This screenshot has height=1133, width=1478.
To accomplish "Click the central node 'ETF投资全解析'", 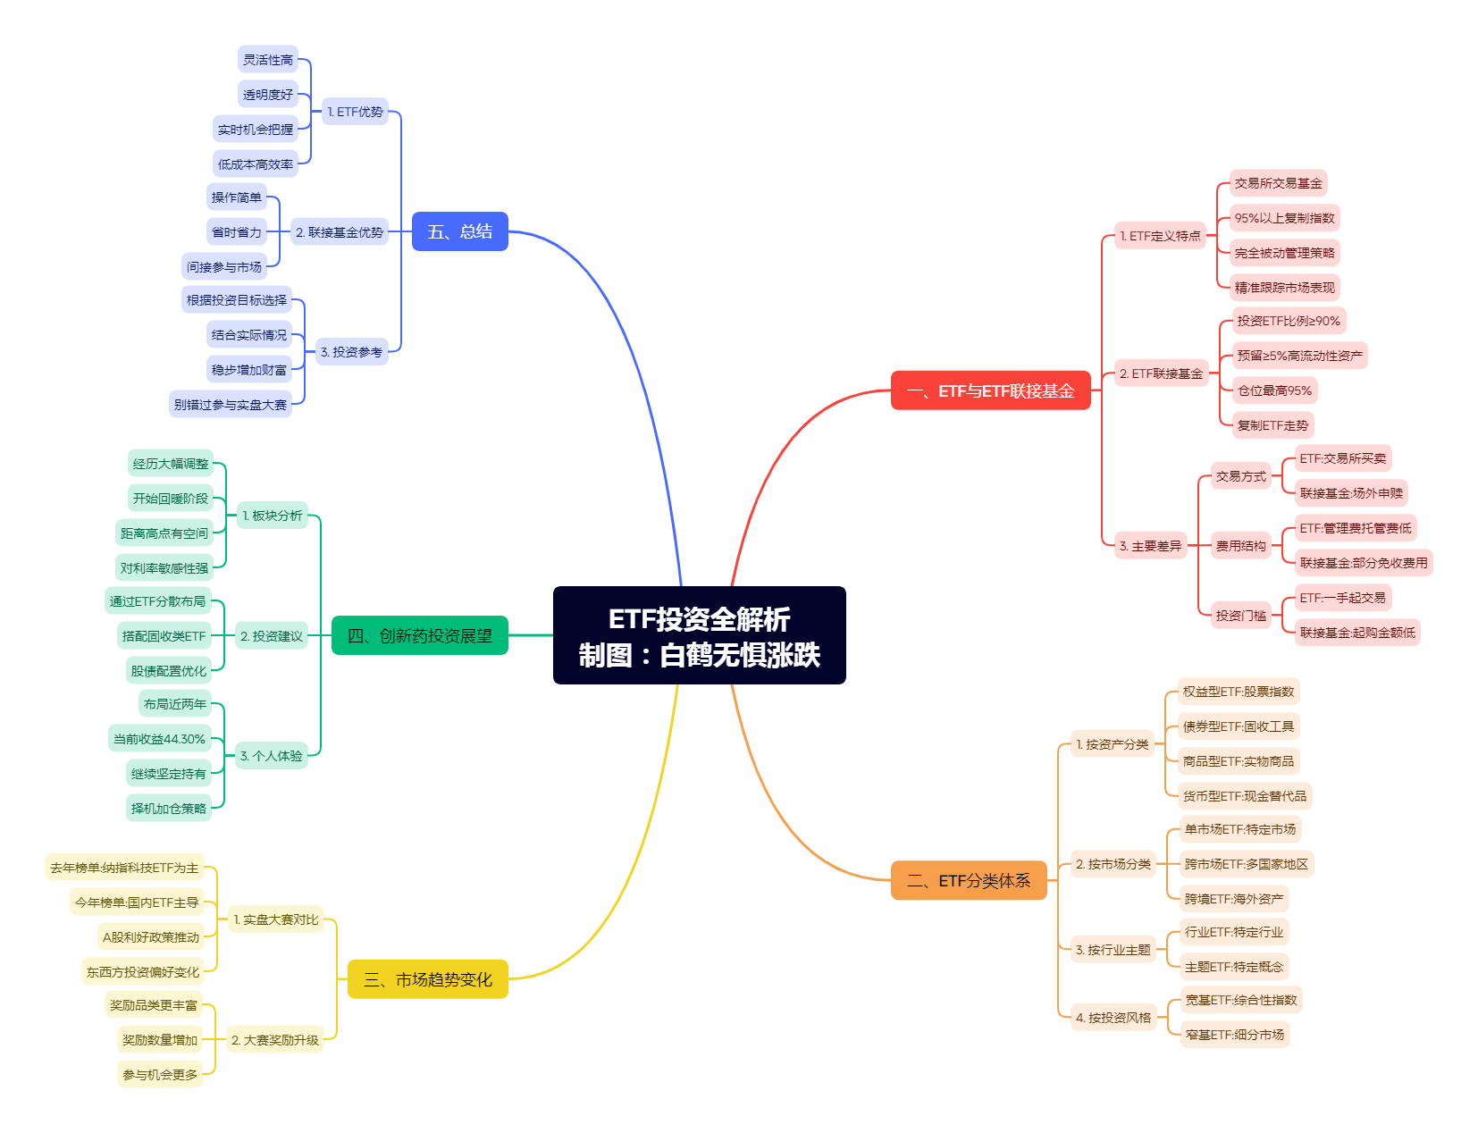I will tap(699, 635).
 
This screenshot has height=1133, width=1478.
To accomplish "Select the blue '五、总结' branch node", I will tap(459, 231).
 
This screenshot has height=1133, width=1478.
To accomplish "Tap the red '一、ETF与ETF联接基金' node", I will tap(990, 390).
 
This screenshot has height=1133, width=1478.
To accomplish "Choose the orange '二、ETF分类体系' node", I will tap(969, 881).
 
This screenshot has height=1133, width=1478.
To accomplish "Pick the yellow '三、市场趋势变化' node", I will tap(427, 979).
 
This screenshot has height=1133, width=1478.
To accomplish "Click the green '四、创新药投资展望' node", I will tap(419, 635).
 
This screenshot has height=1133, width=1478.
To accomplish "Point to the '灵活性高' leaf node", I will tap(268, 60).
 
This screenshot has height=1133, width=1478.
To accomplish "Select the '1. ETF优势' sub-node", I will tap(355, 112).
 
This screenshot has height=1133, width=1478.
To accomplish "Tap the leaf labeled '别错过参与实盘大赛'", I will tap(231, 405).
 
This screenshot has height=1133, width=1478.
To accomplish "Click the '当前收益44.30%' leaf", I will tap(160, 739).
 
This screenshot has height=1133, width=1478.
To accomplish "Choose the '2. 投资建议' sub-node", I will tap(272, 636).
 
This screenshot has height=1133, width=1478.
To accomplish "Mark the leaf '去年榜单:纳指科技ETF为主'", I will tap(124, 868).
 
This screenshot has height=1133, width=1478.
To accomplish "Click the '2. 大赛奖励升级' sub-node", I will tap(274, 1040).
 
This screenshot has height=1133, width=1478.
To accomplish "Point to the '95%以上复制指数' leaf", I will tap(1284, 218).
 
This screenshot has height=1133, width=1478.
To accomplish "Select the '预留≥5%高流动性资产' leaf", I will tap(1299, 356).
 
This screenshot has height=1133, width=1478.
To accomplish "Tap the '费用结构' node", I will tap(1240, 546).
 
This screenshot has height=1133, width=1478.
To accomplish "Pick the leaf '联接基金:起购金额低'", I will tap(1357, 633).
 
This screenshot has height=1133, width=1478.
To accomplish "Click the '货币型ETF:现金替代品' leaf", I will tap(1244, 796).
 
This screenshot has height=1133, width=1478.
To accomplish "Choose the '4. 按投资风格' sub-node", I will tap(1113, 1018).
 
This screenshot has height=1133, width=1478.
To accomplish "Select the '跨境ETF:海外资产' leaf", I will tap(1234, 899).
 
